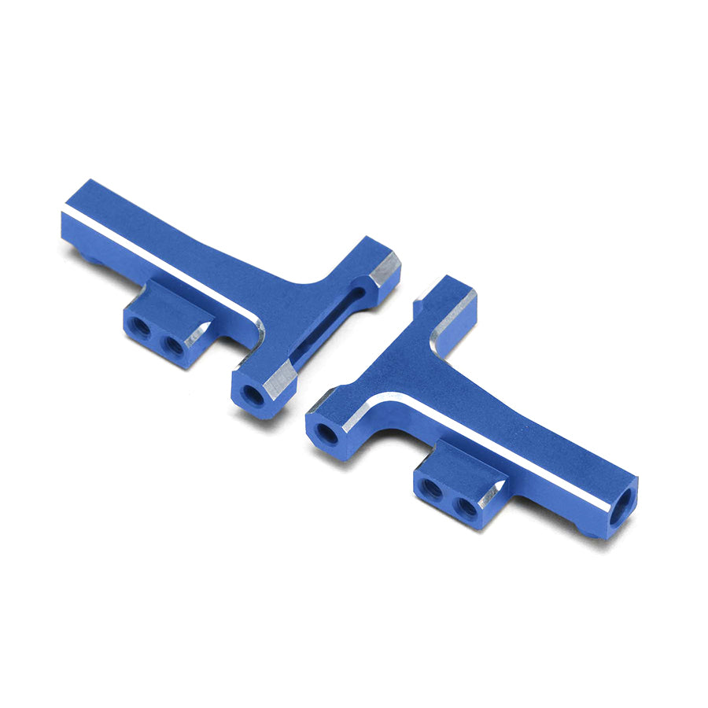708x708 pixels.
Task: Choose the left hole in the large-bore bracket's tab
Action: pos(430,489)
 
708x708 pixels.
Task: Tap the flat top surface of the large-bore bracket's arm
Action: pos(503,417)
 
